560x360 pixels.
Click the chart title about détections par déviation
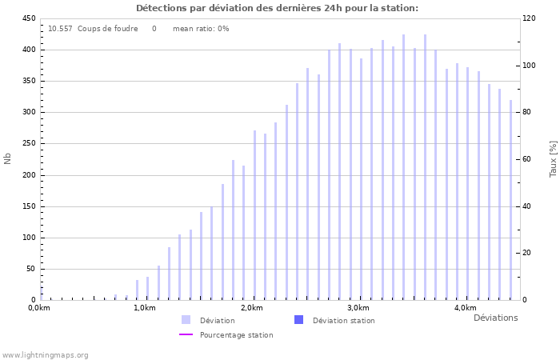277,8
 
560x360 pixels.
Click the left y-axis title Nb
8,158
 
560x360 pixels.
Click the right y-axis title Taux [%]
553,158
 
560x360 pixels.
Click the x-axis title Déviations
495,318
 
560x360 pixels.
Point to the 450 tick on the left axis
28,18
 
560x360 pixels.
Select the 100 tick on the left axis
28,238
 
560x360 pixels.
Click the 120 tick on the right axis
530,18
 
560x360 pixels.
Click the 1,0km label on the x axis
145,308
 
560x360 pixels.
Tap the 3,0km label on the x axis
358,308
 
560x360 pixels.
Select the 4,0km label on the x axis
466,308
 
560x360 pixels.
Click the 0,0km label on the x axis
39,308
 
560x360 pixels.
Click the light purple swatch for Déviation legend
186,320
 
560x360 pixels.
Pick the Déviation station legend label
343,321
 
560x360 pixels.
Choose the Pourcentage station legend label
236,335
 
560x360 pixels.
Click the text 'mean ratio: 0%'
201,29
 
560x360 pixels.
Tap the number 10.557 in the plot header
60,29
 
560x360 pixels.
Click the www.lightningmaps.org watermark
45,355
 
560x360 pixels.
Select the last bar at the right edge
510,200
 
